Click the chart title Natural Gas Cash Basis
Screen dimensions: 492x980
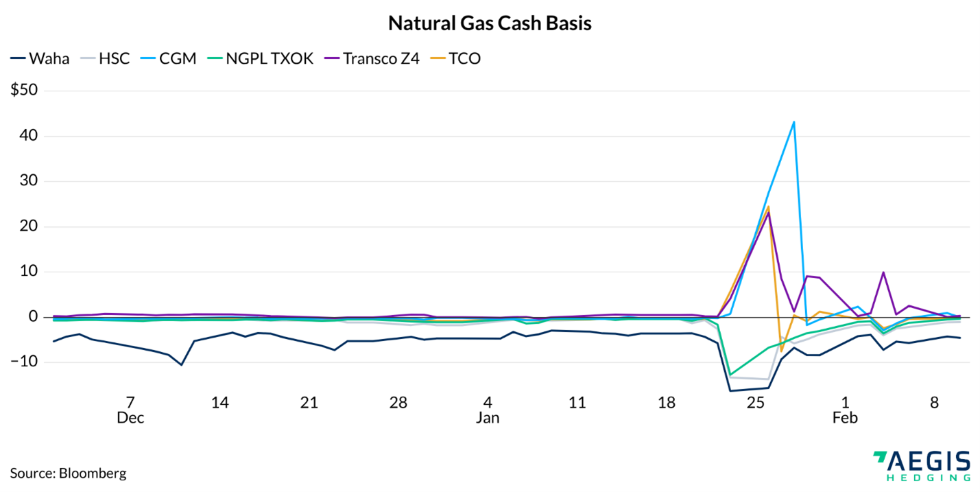click(490, 23)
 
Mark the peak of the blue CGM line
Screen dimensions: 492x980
click(793, 122)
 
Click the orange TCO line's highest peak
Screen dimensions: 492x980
click(768, 207)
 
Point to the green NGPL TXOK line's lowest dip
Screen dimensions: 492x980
click(730, 375)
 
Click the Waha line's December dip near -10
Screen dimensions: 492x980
click(181, 364)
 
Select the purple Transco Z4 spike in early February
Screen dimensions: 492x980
click(883, 272)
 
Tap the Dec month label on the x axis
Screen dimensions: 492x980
click(130, 418)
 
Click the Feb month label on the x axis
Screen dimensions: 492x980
click(845, 418)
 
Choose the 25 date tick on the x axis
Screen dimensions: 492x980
click(755, 403)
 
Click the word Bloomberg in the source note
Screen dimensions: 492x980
click(93, 473)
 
